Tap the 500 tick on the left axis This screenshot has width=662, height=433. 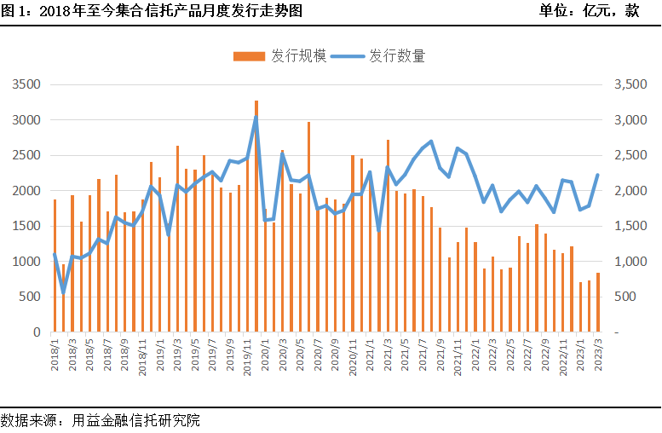click(x=31, y=297)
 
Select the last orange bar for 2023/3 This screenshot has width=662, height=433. click(x=597, y=303)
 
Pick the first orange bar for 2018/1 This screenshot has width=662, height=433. click(x=55, y=266)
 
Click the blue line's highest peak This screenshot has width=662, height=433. click(x=256, y=118)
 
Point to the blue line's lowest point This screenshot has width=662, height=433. click(x=63, y=294)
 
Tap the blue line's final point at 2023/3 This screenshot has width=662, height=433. click(x=597, y=175)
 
